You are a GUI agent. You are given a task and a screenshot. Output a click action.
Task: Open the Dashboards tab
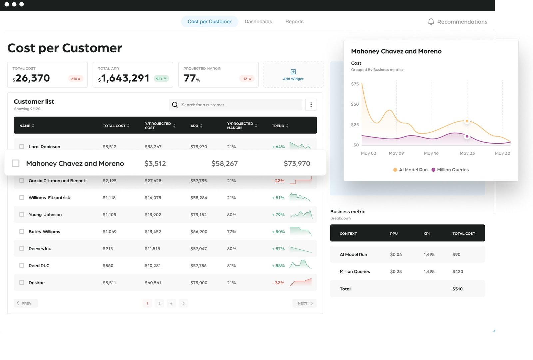258,22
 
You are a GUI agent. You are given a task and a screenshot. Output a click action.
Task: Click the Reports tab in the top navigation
294,22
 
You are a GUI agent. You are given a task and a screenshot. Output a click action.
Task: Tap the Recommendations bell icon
431,22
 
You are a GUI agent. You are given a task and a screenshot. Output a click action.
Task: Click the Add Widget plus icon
293,72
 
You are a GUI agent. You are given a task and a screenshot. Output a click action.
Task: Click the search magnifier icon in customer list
175,105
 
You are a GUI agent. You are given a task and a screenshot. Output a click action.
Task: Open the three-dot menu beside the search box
311,105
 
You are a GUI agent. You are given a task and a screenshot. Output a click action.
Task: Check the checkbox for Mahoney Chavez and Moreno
16,163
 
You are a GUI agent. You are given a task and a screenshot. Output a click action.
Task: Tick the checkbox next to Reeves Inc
22,249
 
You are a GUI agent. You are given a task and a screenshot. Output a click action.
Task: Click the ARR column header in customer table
194,126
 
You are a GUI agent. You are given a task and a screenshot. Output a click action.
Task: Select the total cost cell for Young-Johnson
109,215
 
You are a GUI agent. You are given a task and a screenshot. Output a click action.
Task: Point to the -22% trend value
278,181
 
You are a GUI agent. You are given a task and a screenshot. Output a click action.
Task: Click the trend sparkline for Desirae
300,282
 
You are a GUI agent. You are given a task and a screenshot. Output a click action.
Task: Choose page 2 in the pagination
159,303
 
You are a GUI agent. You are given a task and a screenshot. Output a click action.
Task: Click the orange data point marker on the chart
467,121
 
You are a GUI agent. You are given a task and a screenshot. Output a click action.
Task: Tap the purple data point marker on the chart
467,136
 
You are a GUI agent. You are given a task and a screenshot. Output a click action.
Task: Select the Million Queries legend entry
450,170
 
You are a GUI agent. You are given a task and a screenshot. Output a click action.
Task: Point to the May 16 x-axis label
431,153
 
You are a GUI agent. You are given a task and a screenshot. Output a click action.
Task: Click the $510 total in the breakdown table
457,289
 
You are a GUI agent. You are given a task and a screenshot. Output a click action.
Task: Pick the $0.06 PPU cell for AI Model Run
396,255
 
